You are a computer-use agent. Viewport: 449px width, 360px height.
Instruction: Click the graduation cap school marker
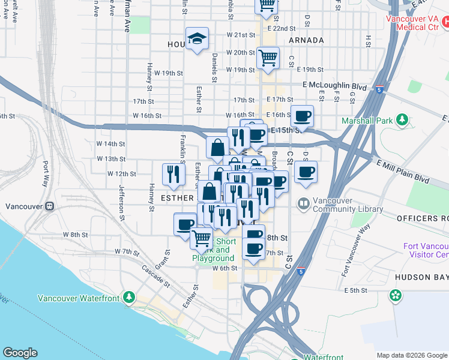(x=197, y=39)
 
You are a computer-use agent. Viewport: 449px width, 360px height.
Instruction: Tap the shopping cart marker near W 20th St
(x=268, y=58)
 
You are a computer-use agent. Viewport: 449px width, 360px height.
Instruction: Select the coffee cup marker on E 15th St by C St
(x=303, y=116)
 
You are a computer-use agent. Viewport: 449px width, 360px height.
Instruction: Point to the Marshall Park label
(x=366, y=121)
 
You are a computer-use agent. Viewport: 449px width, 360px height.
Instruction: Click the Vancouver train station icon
(x=49, y=206)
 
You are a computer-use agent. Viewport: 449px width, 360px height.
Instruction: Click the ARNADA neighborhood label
(x=306, y=40)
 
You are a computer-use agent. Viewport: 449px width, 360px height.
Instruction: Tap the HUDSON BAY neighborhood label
(x=421, y=277)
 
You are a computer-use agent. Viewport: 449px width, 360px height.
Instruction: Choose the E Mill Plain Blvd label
(x=403, y=171)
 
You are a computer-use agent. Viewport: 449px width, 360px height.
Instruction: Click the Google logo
(x=20, y=353)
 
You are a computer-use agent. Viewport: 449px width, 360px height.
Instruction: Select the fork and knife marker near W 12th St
(x=173, y=174)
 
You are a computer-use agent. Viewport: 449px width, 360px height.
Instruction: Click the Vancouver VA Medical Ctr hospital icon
(x=445, y=23)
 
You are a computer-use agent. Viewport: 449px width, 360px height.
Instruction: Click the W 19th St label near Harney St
(x=164, y=73)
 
